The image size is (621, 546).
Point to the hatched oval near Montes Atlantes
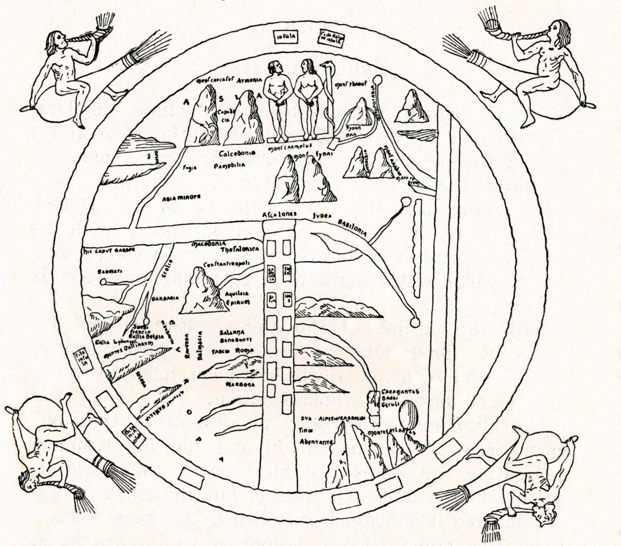click(411, 415)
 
